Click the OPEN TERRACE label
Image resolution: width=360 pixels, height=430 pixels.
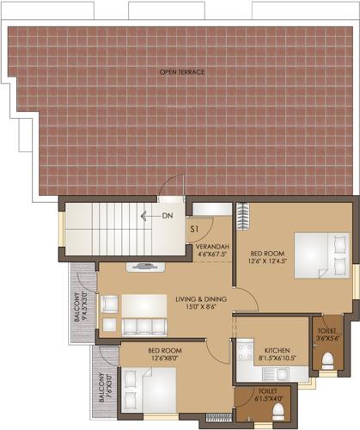pos(181,71)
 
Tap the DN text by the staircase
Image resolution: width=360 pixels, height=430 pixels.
pos(167,216)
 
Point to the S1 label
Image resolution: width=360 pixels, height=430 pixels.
pos(195,230)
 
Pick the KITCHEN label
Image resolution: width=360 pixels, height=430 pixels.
pos(278,352)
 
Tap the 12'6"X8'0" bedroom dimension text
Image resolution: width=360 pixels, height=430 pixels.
pos(163,359)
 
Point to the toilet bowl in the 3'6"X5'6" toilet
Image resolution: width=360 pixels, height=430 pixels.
pos(326,359)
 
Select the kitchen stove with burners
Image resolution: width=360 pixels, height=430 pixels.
pos(244,353)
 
